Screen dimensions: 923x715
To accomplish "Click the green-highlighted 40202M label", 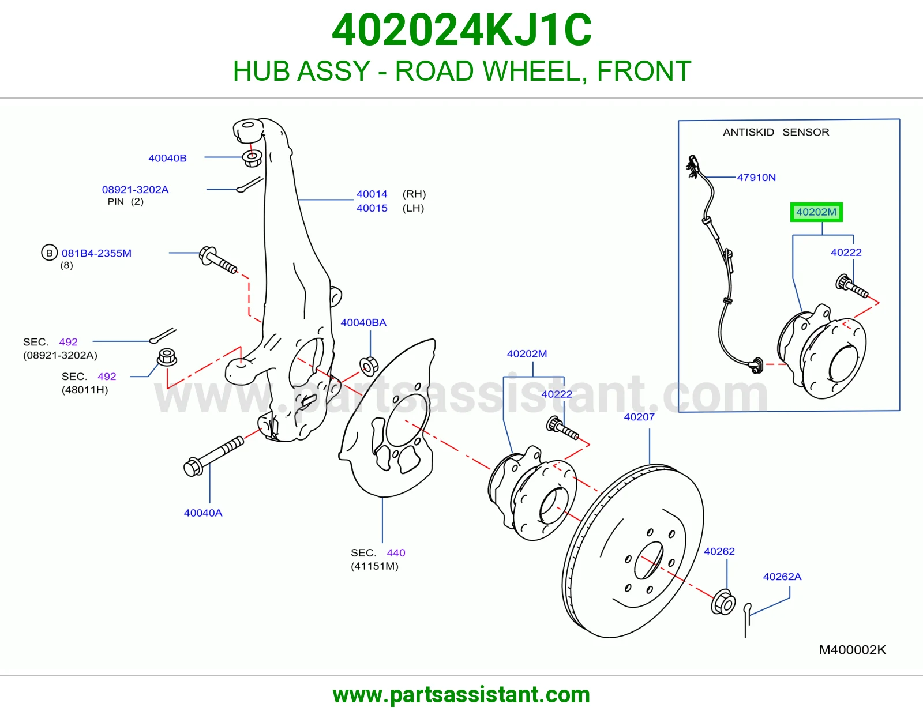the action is point(816,212).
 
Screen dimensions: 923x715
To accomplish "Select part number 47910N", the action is point(756,178).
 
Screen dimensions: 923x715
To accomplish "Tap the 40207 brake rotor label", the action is point(639,417).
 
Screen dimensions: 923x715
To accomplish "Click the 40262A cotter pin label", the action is point(782,577).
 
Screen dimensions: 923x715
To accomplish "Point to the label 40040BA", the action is point(363,323).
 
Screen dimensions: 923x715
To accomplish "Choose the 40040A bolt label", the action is point(202,513).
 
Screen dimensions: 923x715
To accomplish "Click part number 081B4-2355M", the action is point(96,253).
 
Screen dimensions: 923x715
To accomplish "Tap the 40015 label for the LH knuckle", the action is point(372,208).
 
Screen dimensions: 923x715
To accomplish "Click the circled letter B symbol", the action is point(49,253).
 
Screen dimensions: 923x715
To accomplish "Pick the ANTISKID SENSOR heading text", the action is point(776,132).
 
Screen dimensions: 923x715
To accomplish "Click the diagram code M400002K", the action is point(853,650).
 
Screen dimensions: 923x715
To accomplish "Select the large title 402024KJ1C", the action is point(461,30).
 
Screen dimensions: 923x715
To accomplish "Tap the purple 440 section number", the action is point(396,553).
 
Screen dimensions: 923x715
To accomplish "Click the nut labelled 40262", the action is point(723,602).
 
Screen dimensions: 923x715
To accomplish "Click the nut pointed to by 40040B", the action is point(252,158).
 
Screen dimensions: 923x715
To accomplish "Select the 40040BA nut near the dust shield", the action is point(369,366).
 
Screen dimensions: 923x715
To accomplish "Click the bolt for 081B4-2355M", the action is point(218,260).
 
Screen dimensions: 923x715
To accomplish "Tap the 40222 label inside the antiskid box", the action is point(846,253).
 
